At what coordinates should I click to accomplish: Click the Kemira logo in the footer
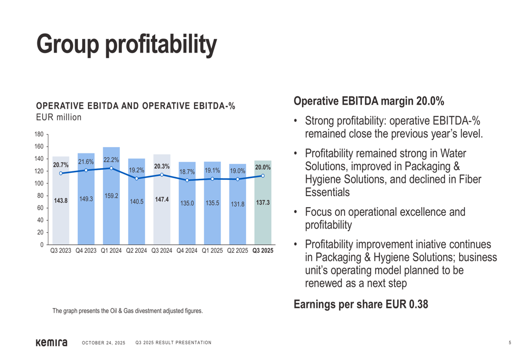pos(52,343)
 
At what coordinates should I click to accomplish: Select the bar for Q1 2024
pos(111,221)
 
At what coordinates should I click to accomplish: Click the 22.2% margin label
pos(111,159)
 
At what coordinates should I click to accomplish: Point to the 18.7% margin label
pos(187,171)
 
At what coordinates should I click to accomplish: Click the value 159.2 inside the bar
pos(111,196)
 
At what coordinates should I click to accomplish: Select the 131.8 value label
pos(237,203)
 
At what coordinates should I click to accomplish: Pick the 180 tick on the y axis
pos(39,135)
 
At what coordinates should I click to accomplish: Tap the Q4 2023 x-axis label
pos(86,251)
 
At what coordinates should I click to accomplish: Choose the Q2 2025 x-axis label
pos(237,251)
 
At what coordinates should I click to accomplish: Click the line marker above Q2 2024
pos(136,179)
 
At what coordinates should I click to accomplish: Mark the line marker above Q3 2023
pos(61,173)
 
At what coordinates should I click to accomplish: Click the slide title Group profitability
pos(126,44)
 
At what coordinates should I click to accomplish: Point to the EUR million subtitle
pos(58,117)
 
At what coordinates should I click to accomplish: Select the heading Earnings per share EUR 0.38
pos(360,304)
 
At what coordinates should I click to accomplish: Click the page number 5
pos(510,343)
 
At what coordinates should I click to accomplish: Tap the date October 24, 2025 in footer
pos(104,343)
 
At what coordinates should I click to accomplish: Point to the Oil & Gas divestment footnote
pos(127,311)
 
